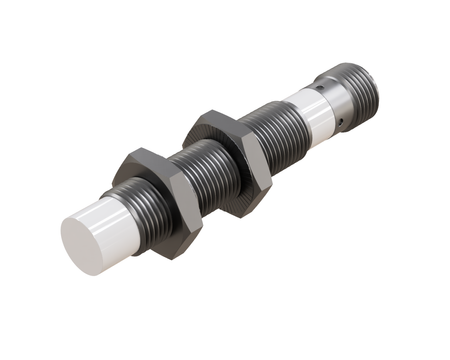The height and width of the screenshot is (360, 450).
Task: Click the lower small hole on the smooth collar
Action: (344, 123)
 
